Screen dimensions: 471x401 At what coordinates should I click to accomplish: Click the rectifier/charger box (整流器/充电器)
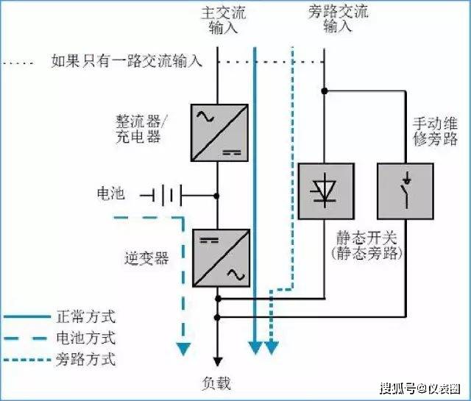(x=219, y=132)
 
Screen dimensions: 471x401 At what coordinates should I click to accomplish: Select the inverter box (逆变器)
(x=221, y=258)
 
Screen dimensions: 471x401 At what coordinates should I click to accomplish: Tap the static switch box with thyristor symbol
(x=326, y=191)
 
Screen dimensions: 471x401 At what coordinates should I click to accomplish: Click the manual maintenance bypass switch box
(x=406, y=191)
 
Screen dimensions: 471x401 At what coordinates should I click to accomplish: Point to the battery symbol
(x=161, y=196)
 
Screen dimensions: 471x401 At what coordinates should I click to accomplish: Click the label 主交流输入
(x=223, y=20)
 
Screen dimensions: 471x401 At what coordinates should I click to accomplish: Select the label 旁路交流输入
(x=338, y=19)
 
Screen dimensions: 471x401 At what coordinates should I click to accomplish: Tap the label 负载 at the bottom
(x=216, y=383)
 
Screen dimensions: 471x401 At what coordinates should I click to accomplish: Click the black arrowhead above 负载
(x=218, y=362)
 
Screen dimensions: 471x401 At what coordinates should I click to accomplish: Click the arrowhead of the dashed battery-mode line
(x=183, y=349)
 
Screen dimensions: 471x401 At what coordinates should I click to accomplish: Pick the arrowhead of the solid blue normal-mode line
(x=255, y=348)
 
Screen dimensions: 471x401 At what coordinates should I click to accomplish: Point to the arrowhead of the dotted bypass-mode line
(x=272, y=348)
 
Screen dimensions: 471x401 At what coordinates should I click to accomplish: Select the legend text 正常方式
(x=86, y=317)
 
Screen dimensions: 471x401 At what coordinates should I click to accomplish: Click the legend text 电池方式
(x=86, y=338)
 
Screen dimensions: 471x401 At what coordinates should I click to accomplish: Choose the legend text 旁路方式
(x=86, y=359)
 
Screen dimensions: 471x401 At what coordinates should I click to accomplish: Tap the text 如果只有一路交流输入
(x=127, y=61)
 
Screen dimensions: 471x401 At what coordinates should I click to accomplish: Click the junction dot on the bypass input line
(x=325, y=91)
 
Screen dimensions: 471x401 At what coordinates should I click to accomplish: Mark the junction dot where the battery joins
(x=216, y=196)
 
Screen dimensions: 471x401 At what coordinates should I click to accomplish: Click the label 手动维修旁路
(x=435, y=131)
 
